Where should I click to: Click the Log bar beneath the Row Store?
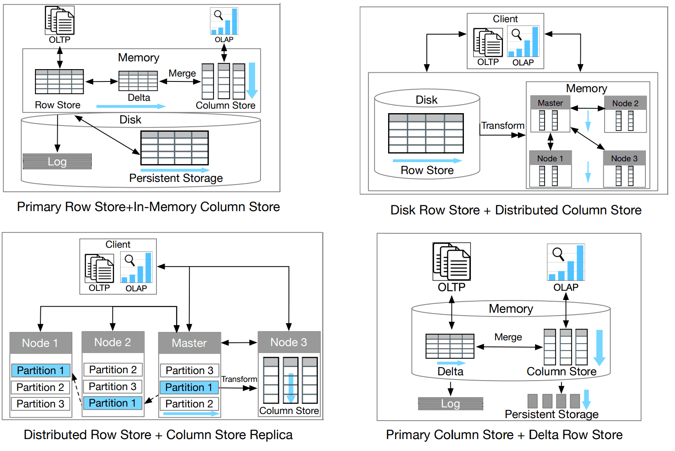coord(57,161)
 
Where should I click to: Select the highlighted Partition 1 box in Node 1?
coord(41,370)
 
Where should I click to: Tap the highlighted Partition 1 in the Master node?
coord(189,387)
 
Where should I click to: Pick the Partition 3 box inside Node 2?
coord(113,386)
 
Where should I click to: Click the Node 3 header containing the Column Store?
coord(289,342)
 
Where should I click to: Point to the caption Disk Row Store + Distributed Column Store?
coord(516,210)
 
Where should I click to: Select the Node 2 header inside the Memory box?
coord(625,103)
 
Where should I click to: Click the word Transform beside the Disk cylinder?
coord(503,126)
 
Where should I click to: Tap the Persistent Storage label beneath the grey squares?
coord(552,414)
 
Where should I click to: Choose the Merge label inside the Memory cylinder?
coord(508,337)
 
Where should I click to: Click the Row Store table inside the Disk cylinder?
coord(426,133)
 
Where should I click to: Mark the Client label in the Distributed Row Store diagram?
coord(118,244)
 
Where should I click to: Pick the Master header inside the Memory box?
coord(550,103)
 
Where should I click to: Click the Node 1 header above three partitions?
coord(41,343)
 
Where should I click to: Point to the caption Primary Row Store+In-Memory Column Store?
coord(148,207)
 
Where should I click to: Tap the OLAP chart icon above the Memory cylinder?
coord(566,263)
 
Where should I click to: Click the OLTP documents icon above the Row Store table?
coord(60,21)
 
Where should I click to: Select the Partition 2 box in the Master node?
coord(189,404)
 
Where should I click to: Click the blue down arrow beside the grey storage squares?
coord(587,400)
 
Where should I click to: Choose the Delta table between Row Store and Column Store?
coord(138,81)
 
